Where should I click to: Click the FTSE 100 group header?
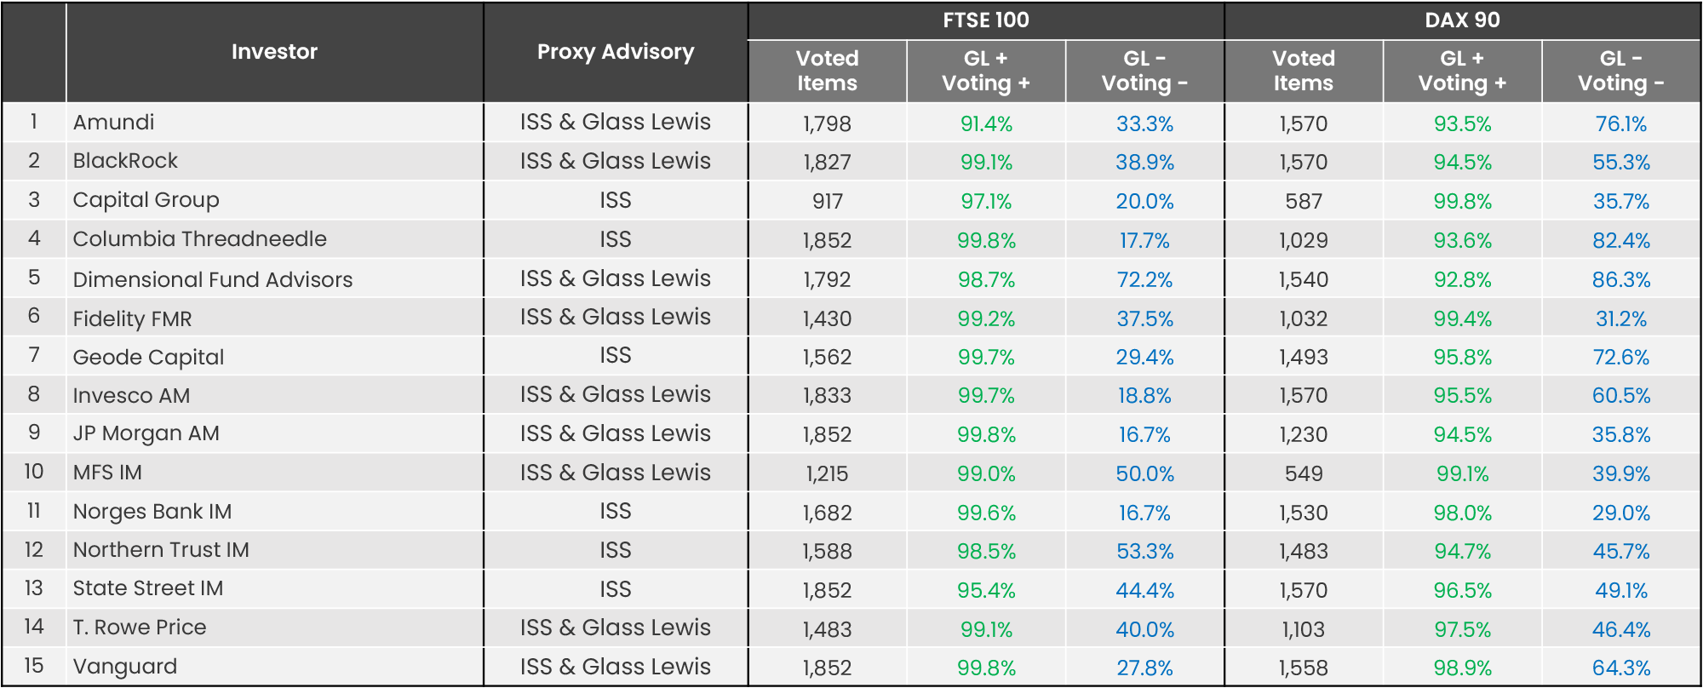point(985,20)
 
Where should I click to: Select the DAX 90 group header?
point(1462,20)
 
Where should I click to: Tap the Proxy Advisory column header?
point(615,52)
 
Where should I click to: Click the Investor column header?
point(274,52)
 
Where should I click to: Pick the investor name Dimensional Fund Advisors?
point(212,279)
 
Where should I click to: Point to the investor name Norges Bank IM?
point(152,512)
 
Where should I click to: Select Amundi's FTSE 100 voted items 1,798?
point(827,124)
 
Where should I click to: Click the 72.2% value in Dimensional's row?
point(1144,280)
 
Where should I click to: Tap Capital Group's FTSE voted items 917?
point(827,202)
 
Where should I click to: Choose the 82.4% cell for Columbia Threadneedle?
point(1620,241)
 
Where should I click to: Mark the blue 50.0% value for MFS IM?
point(1144,474)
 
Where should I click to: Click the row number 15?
point(34,666)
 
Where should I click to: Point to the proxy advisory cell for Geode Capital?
point(615,356)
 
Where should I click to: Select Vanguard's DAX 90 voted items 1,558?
point(1303,668)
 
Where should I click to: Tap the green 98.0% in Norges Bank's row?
point(1462,513)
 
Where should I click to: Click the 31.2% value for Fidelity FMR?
point(1620,319)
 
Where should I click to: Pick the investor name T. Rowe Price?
point(140,628)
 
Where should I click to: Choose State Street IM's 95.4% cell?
point(986,591)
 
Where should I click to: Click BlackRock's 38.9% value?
point(1144,163)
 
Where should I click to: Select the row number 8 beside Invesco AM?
point(34,394)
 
